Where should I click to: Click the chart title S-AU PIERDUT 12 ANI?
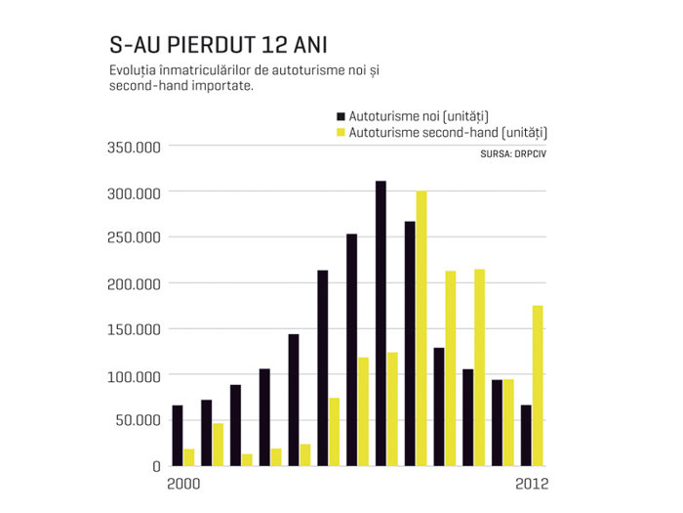click(x=219, y=45)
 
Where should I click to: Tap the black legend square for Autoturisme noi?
click(x=341, y=116)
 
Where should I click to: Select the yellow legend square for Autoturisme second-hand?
click(x=341, y=132)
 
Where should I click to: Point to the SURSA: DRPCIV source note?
click(x=513, y=154)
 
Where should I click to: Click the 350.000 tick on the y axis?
click(x=135, y=148)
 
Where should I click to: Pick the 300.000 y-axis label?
click(x=135, y=193)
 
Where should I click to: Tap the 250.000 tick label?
click(x=135, y=237)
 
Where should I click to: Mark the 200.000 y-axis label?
click(x=135, y=284)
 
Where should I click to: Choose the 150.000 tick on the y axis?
click(x=135, y=330)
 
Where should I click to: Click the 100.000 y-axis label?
click(x=135, y=376)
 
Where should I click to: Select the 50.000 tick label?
click(x=139, y=420)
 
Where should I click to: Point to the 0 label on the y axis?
click(x=157, y=467)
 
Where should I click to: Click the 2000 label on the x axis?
click(x=183, y=485)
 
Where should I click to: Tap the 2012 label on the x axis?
click(x=532, y=485)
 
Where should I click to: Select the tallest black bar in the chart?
click(x=381, y=323)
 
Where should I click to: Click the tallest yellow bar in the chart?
click(x=422, y=328)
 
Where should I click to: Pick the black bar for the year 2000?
click(x=178, y=436)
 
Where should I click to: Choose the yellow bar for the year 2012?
click(x=538, y=386)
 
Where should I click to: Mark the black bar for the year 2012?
click(x=526, y=436)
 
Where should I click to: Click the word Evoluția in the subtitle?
click(x=134, y=70)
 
